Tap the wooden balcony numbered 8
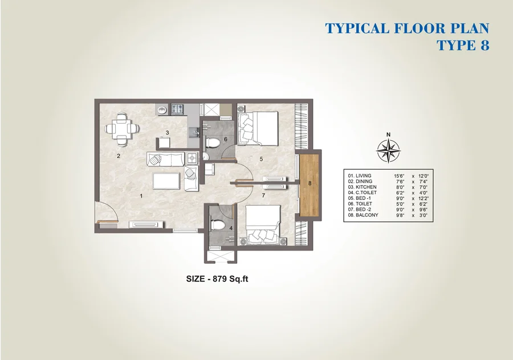pyautogui.click(x=309, y=185)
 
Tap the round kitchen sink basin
pyautogui.click(x=162, y=110)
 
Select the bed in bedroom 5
pyautogui.click(x=258, y=128)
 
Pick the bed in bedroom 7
pyautogui.click(x=263, y=226)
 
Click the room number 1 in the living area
pyautogui.click(x=141, y=196)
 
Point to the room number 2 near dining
pyautogui.click(x=119, y=156)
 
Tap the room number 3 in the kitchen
pyautogui.click(x=167, y=133)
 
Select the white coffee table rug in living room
pyautogui.click(x=166, y=181)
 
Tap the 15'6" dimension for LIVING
pyautogui.click(x=399, y=176)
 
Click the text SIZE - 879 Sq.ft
pyautogui.click(x=217, y=279)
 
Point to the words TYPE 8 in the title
pyautogui.click(x=463, y=45)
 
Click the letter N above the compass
pyautogui.click(x=388, y=134)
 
